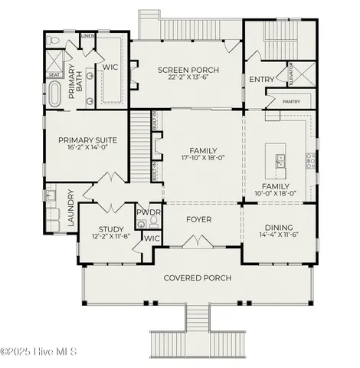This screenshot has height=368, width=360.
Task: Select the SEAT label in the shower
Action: (54, 74)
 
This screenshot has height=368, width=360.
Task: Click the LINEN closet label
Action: (87, 36)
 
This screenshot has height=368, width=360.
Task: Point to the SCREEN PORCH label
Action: (188, 71)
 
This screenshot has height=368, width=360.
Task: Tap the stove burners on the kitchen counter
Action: (311, 160)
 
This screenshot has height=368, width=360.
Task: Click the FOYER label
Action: (199, 219)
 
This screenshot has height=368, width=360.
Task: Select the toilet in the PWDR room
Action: (154, 222)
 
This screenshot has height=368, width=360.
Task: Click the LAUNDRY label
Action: (70, 208)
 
